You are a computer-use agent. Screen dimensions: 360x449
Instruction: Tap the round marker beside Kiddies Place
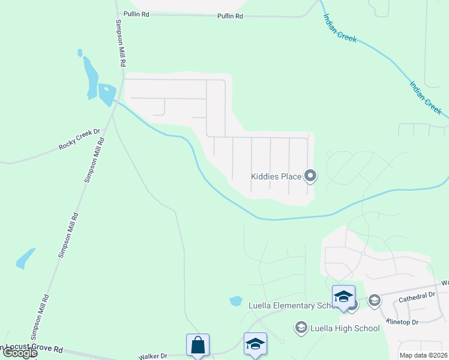tap(310, 176)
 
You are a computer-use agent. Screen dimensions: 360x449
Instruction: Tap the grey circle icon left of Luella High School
tap(301, 328)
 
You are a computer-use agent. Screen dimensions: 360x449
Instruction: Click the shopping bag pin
tap(197, 345)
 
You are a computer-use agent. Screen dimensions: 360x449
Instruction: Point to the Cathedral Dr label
tap(415, 296)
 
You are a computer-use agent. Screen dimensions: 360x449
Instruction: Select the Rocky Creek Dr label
tap(78, 140)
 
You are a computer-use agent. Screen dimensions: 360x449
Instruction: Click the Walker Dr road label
tap(152, 356)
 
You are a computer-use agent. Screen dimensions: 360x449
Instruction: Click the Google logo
tap(19, 353)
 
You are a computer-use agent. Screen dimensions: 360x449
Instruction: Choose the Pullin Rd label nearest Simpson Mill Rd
tap(136, 14)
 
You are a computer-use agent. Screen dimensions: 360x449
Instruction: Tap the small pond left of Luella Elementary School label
tap(236, 301)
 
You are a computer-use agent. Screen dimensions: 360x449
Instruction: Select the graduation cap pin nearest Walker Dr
tap(255, 344)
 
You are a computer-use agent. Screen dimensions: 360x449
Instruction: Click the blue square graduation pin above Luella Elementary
tap(343, 296)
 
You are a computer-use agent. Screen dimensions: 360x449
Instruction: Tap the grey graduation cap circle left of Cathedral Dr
tap(375, 300)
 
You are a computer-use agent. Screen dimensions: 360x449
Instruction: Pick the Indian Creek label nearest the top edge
tap(339, 29)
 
